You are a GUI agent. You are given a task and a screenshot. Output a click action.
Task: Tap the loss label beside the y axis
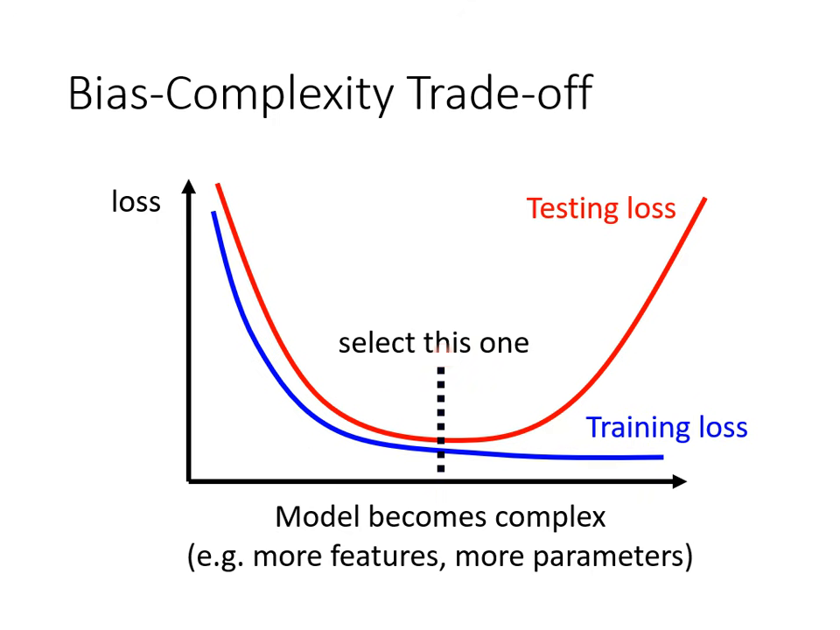pos(136,202)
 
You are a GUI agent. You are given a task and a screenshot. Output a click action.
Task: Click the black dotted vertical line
pos(440,411)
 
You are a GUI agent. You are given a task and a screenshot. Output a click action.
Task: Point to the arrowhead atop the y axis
pos(188,185)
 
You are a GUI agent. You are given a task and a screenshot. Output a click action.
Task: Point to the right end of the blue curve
pos(661,456)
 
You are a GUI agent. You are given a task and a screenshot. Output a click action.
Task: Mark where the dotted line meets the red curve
pos(440,439)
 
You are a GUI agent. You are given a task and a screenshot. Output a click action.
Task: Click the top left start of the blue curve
pos(213,213)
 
